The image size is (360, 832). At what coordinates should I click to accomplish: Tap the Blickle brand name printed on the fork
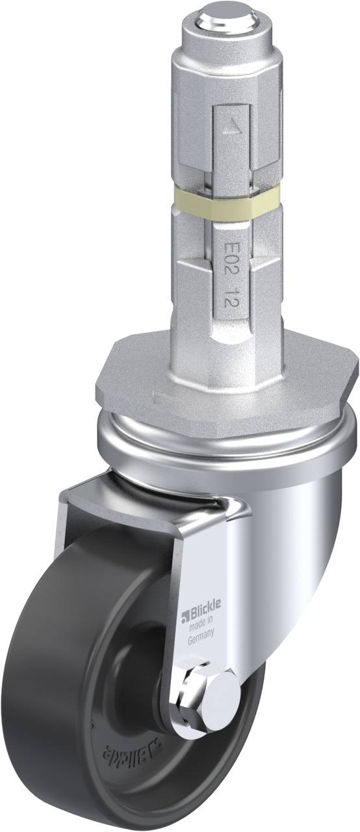(204, 607)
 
